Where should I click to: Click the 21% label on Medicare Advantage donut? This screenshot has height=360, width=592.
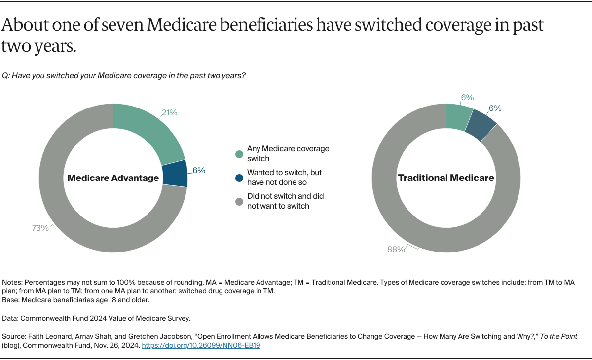click(x=169, y=113)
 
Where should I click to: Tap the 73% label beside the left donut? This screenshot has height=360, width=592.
click(x=40, y=228)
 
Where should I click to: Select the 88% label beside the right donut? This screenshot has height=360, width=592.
click(x=396, y=250)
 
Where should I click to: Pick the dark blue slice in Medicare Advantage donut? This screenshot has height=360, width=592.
click(x=175, y=174)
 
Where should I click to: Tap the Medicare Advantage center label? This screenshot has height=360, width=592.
click(x=113, y=178)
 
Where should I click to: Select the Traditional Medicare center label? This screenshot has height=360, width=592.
click(x=446, y=178)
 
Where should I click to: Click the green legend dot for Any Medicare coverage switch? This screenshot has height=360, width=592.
click(x=239, y=154)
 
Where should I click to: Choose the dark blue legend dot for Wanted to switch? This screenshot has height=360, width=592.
click(x=239, y=178)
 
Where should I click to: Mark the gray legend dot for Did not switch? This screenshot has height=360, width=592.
click(x=239, y=202)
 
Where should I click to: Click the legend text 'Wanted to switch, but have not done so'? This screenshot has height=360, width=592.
click(x=284, y=178)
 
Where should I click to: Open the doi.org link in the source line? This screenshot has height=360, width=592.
click(x=201, y=345)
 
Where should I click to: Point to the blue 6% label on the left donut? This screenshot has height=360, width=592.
click(x=199, y=170)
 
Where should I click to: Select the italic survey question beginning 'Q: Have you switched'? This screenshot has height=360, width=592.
click(x=124, y=76)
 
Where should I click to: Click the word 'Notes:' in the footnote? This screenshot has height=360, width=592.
click(x=12, y=282)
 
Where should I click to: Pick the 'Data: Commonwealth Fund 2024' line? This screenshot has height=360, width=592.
click(x=96, y=318)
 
